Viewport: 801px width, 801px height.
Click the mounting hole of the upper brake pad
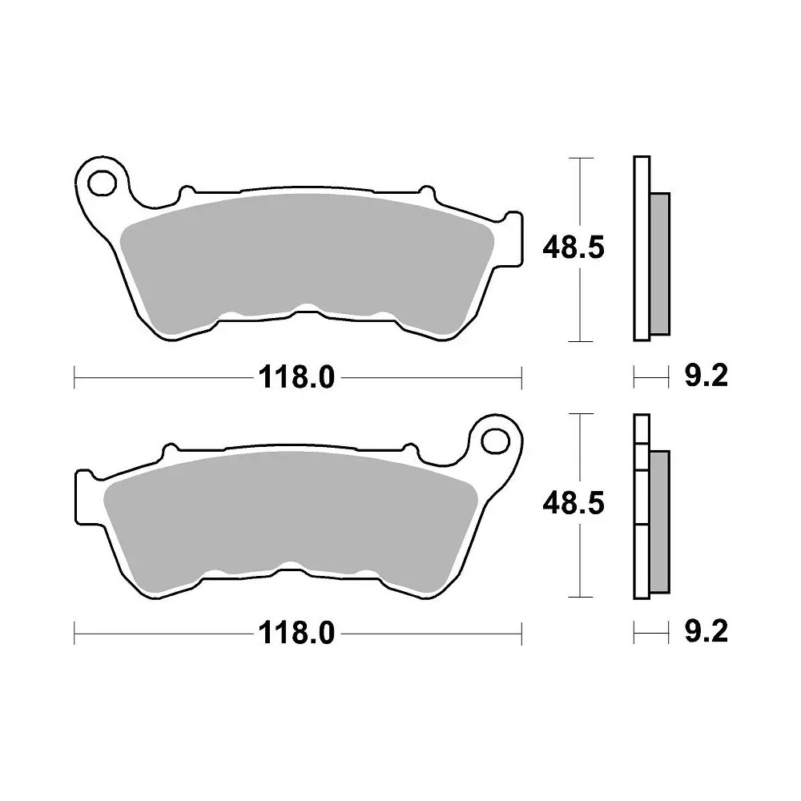click(x=103, y=182)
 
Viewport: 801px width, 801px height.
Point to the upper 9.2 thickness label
click(x=706, y=376)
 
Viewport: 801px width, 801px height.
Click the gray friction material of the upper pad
click(x=304, y=256)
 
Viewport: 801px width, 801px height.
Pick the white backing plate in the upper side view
click(x=641, y=248)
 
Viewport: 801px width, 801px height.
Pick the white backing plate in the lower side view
click(x=641, y=561)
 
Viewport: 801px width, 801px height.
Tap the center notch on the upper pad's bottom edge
click(x=304, y=311)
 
